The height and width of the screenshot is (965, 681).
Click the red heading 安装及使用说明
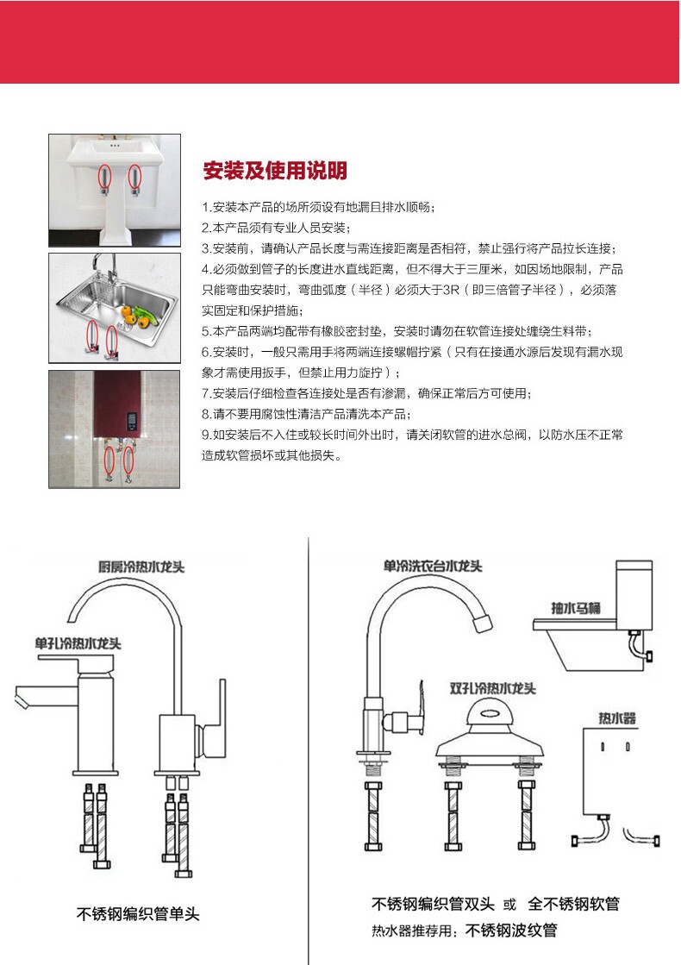pos(274,171)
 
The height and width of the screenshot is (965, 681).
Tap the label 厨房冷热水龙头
pos(141,567)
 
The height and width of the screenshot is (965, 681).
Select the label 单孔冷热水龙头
pos(78,643)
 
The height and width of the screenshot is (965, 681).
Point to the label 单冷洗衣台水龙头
pos(433,567)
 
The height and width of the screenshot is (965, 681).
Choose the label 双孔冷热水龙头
pos(493,689)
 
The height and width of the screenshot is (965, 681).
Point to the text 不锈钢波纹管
pos(511,931)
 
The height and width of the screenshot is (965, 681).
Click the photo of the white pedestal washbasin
pos(115,190)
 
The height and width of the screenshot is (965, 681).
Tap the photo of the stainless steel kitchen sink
pos(115,308)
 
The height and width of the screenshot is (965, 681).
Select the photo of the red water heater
pos(115,429)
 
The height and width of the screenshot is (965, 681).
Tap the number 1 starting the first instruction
pos(206,208)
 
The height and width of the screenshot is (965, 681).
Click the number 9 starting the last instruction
pos(206,436)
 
